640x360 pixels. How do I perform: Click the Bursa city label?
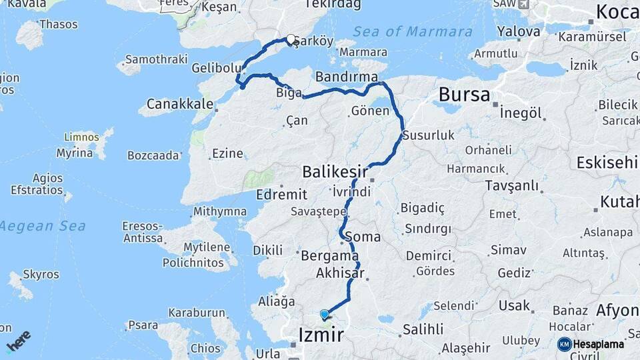point(465,95)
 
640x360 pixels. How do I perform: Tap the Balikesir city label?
point(335,172)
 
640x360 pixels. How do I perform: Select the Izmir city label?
point(322,334)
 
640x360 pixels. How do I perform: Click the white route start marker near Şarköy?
point(291,39)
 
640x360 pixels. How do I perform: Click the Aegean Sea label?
point(43,226)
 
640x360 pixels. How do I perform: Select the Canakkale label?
point(179,104)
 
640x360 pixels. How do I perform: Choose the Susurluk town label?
point(429,135)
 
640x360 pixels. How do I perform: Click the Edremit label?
point(281,195)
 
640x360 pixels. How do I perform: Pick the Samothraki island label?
point(156,59)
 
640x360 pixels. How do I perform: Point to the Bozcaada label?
point(153,156)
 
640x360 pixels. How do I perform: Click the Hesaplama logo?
point(591,344)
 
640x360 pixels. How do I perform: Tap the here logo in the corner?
point(18,341)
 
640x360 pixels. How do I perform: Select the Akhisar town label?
point(340,273)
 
